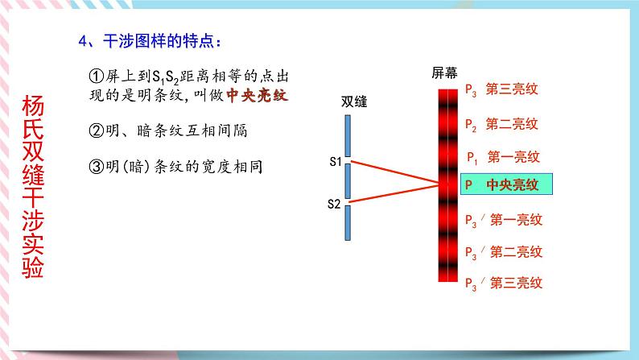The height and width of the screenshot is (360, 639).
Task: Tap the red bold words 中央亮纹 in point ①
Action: [x=256, y=95]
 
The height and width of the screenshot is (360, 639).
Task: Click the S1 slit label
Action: [x=335, y=162]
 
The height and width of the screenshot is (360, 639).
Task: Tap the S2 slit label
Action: [x=334, y=205]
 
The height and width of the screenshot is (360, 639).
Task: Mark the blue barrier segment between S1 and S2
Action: [x=347, y=180]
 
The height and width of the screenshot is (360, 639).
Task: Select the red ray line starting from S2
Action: [x=394, y=194]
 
